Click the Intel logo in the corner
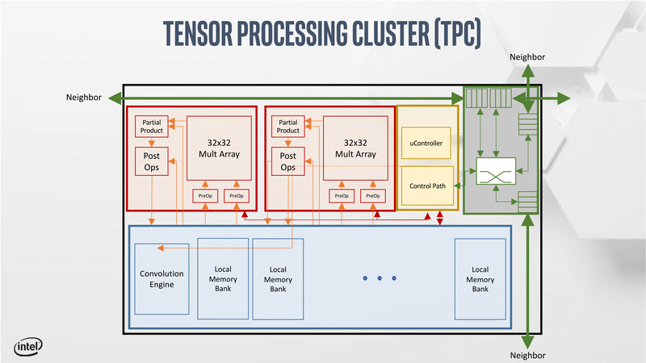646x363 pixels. pos(27,347)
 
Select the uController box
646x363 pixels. pos(428,143)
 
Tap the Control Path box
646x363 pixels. pos(428,186)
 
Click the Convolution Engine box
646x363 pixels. pos(161,278)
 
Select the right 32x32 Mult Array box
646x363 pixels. pos(354,148)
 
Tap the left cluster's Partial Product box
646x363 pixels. pos(151,125)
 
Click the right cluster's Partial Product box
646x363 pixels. pos(287,125)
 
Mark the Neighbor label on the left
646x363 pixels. pos(83,98)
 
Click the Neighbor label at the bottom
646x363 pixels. pos(528,355)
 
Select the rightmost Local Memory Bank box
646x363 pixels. pos(480,278)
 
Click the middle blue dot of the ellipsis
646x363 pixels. pos(380,278)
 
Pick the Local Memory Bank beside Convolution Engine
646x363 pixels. pos(223,278)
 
